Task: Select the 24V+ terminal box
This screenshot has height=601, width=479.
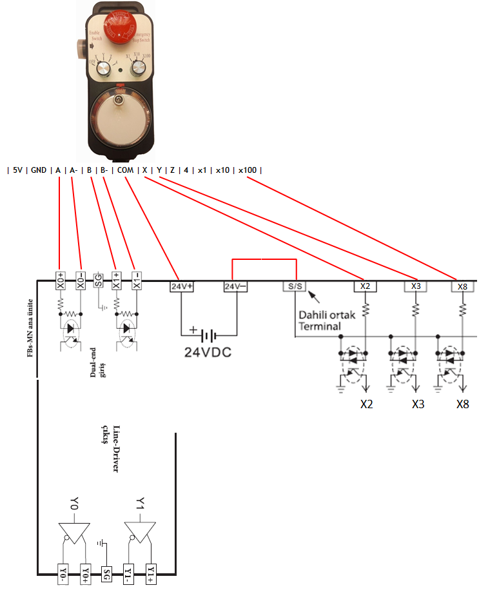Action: [x=182, y=286]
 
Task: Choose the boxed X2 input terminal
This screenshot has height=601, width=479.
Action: [x=366, y=286]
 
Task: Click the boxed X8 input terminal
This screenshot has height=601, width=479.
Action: [x=462, y=286]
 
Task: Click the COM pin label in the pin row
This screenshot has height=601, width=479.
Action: [x=125, y=170]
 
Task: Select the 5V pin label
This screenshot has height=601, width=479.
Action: [x=18, y=170]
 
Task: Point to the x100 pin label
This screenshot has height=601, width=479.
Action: [x=247, y=170]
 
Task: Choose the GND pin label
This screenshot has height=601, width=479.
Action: [x=39, y=170]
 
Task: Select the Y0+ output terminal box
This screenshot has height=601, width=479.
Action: [x=86, y=573]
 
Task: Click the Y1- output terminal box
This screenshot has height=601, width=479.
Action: [x=129, y=573]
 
